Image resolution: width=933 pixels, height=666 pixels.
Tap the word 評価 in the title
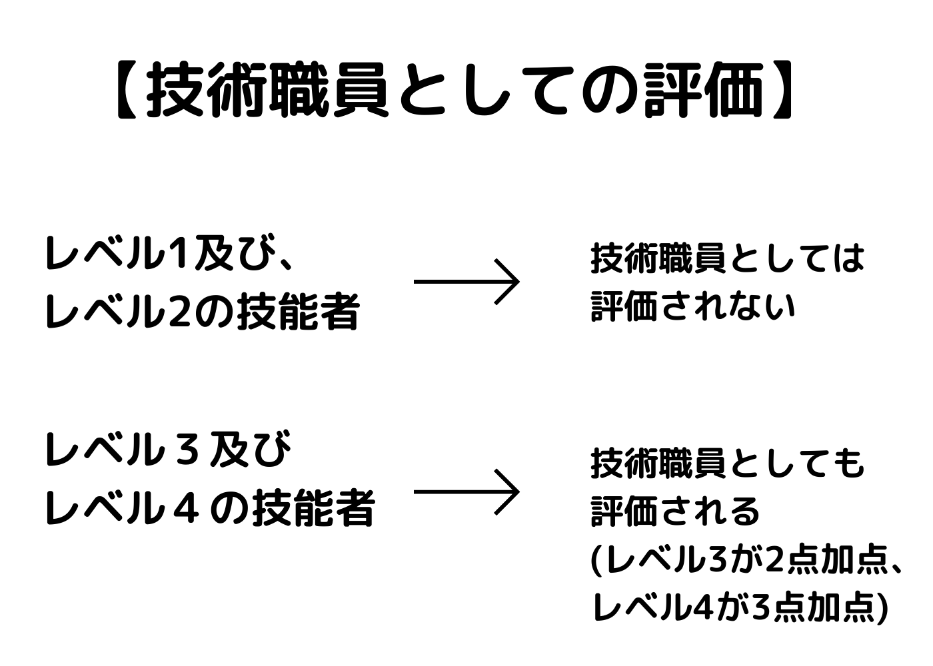703,91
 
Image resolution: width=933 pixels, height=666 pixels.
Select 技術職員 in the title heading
267,91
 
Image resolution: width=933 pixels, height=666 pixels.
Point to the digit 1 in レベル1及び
178,254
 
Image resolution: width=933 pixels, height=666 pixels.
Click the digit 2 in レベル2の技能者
180,312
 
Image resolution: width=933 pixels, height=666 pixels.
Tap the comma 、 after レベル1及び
285,263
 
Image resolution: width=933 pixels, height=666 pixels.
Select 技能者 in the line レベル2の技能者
298,312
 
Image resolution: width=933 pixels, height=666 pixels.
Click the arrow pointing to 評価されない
467,282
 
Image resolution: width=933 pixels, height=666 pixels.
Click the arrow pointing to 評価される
467,492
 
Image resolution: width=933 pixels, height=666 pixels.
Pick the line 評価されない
693,307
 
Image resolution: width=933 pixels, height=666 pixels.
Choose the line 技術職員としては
727,258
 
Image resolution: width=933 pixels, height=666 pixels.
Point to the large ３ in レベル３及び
187,451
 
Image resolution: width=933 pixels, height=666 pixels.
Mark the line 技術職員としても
727,464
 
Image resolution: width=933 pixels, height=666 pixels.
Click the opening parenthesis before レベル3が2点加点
596,561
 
